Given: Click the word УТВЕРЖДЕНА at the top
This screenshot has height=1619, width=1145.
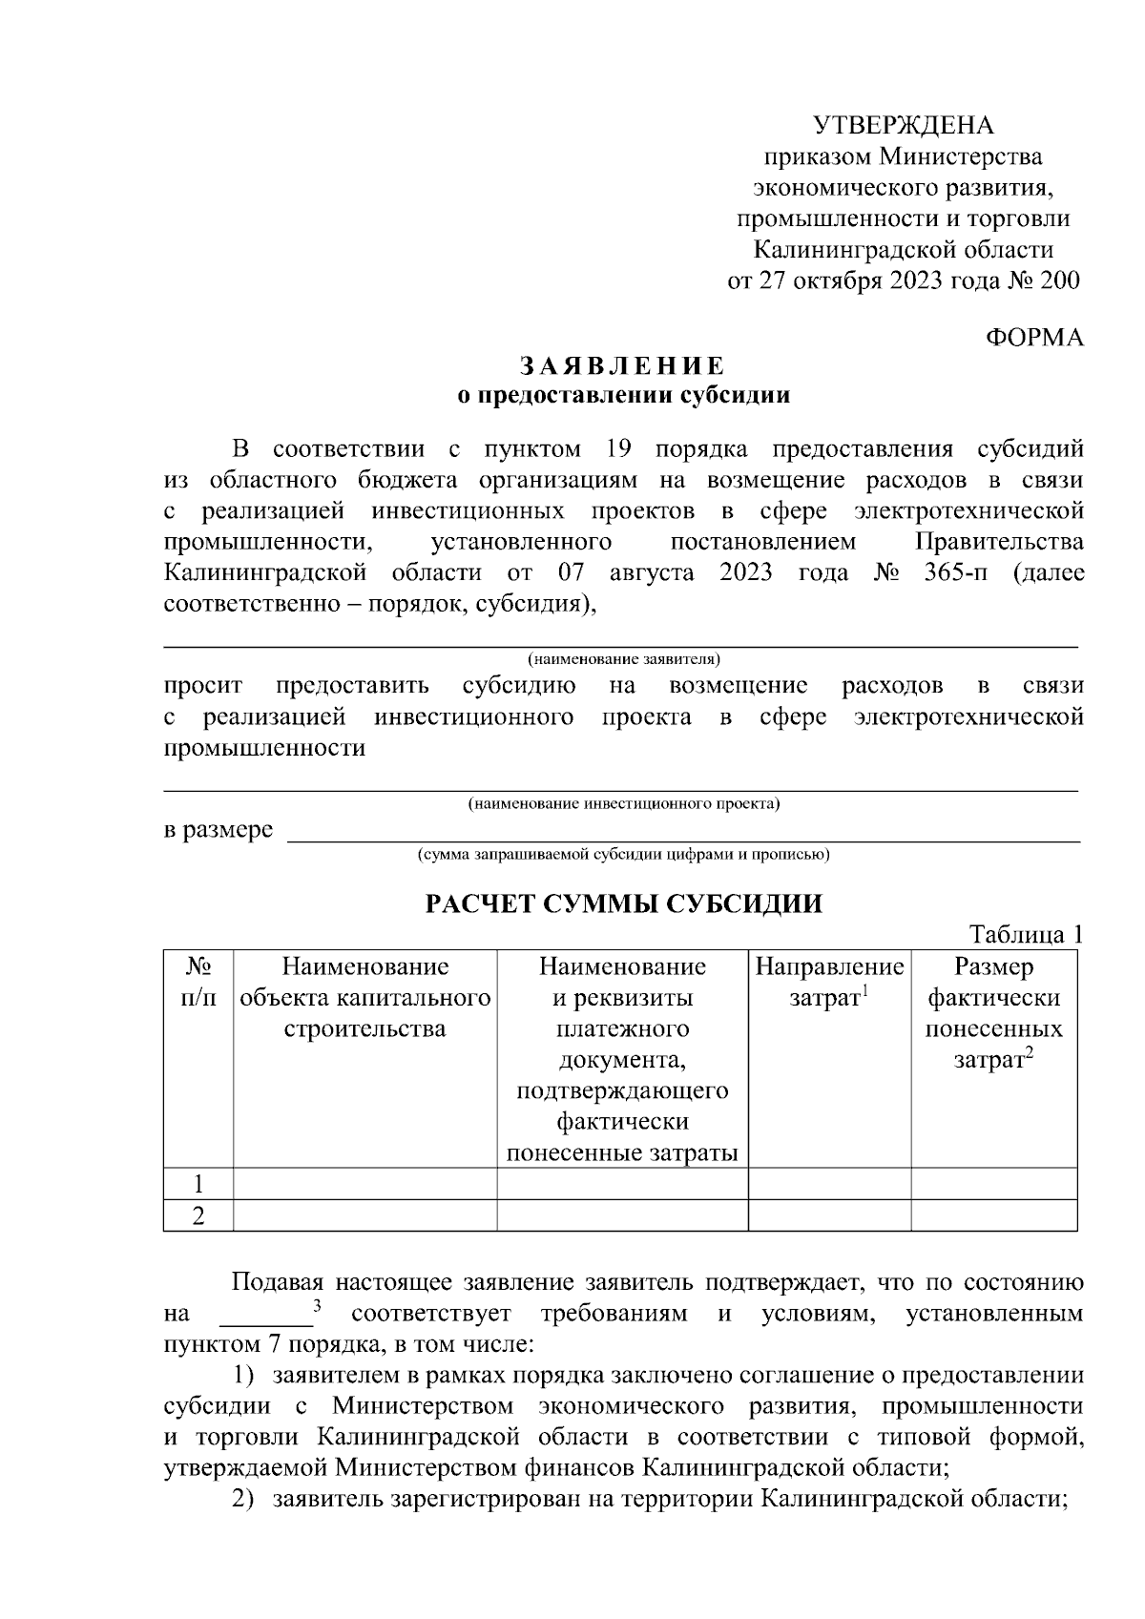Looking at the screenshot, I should pyautogui.click(x=903, y=125).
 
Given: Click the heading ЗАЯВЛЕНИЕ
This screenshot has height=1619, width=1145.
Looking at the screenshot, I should pyautogui.click(x=622, y=366).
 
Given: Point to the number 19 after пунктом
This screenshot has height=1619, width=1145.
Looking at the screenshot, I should pyautogui.click(x=619, y=448).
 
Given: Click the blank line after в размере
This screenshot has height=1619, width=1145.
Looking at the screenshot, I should pyautogui.click(x=682, y=832).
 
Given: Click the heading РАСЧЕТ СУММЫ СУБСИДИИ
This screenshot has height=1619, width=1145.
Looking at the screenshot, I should pyautogui.click(x=622, y=903).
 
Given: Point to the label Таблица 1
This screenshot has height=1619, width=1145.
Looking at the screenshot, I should pyautogui.click(x=1026, y=934).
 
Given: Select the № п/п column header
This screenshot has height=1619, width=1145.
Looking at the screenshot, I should pyautogui.click(x=198, y=983).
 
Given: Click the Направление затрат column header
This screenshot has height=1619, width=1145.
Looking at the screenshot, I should pyautogui.click(x=828, y=983).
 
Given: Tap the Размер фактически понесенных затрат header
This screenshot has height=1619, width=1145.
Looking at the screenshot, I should pyautogui.click(x=993, y=1013).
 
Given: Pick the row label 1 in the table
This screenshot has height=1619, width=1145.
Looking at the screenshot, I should pyautogui.click(x=198, y=1184).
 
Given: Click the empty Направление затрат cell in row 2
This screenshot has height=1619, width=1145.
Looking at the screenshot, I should pyautogui.click(x=828, y=1215).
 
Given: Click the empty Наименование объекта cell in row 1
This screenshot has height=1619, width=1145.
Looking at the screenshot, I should pyautogui.click(x=364, y=1184).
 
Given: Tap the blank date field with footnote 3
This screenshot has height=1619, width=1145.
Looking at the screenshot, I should pyautogui.click(x=266, y=1315).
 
